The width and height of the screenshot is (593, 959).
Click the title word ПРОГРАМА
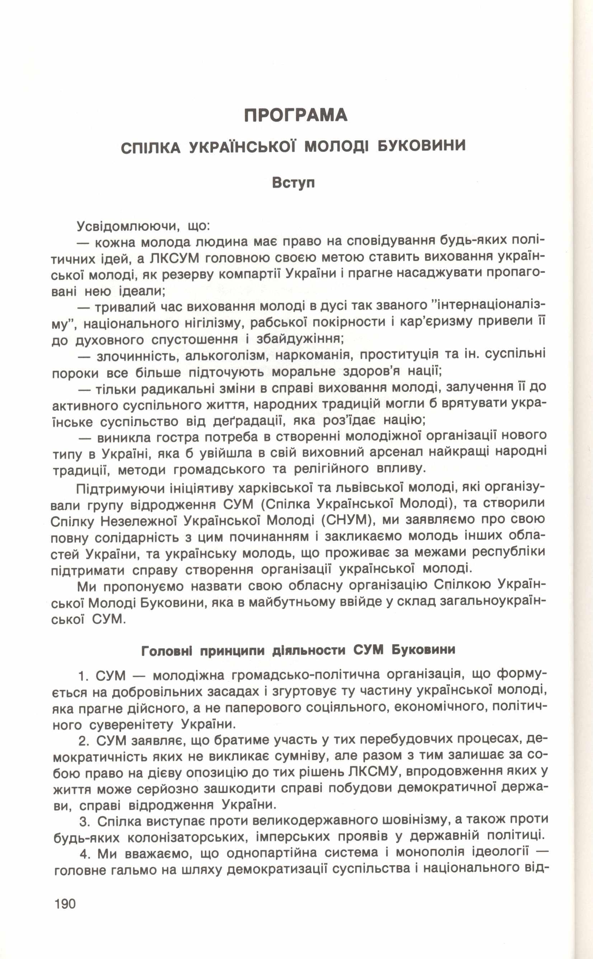coord(296,115)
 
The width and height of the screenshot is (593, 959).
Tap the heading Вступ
coord(293,183)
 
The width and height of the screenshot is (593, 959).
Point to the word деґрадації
coord(255,421)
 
